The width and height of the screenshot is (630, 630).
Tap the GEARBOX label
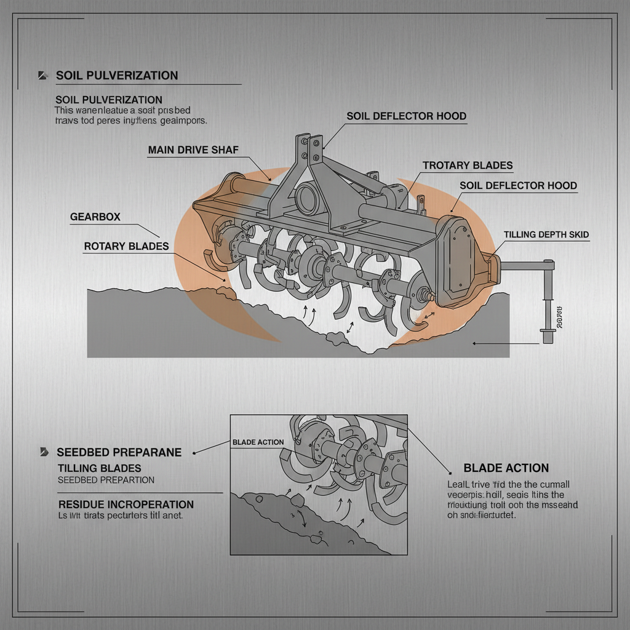(95, 217)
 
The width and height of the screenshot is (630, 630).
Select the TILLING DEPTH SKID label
(546, 234)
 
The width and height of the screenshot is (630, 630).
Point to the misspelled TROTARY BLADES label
(468, 165)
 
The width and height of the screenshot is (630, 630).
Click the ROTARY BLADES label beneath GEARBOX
(126, 246)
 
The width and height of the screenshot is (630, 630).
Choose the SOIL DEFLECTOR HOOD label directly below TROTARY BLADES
(518, 185)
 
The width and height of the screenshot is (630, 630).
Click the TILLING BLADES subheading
(99, 468)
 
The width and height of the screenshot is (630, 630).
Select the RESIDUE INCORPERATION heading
(126, 504)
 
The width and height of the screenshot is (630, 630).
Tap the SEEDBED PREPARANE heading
(119, 452)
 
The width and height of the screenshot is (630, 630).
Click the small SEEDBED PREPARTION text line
(106, 480)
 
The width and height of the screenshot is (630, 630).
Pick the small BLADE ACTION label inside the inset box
(258, 442)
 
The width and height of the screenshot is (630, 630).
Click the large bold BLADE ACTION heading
(506, 468)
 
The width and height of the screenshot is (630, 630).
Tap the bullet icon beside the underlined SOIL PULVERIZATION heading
(42, 76)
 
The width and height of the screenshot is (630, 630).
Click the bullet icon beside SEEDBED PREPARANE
(44, 452)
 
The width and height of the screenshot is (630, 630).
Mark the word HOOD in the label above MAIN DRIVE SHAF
(450, 116)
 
